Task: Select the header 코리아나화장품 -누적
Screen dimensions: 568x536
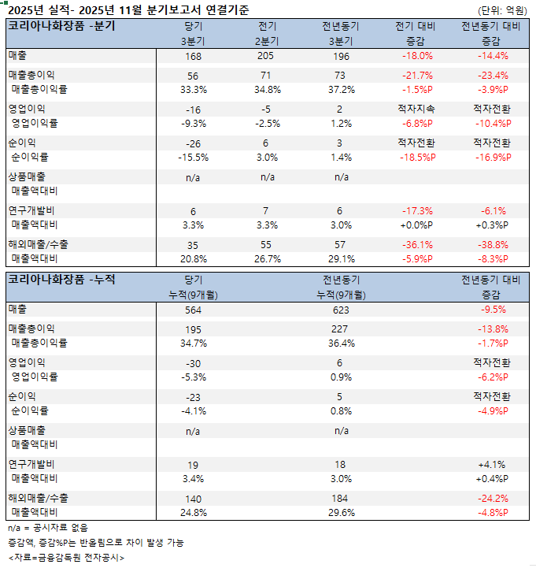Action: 61,279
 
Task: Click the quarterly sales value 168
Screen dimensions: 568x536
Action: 194,57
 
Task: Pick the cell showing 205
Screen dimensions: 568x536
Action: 267,57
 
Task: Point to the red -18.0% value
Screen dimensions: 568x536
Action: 417,57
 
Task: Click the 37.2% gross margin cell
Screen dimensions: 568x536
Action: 341,90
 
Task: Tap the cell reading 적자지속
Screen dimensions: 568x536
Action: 417,109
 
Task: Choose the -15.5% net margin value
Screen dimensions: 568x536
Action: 194,157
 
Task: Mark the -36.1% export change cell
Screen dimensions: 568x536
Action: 417,244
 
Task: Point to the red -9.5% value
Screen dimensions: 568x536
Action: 492,310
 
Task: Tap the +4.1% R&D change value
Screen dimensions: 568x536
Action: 492,464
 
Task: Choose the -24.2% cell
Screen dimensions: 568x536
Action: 492,499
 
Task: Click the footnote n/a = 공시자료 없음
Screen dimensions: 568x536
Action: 48,528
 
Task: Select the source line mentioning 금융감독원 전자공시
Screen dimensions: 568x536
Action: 67,558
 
